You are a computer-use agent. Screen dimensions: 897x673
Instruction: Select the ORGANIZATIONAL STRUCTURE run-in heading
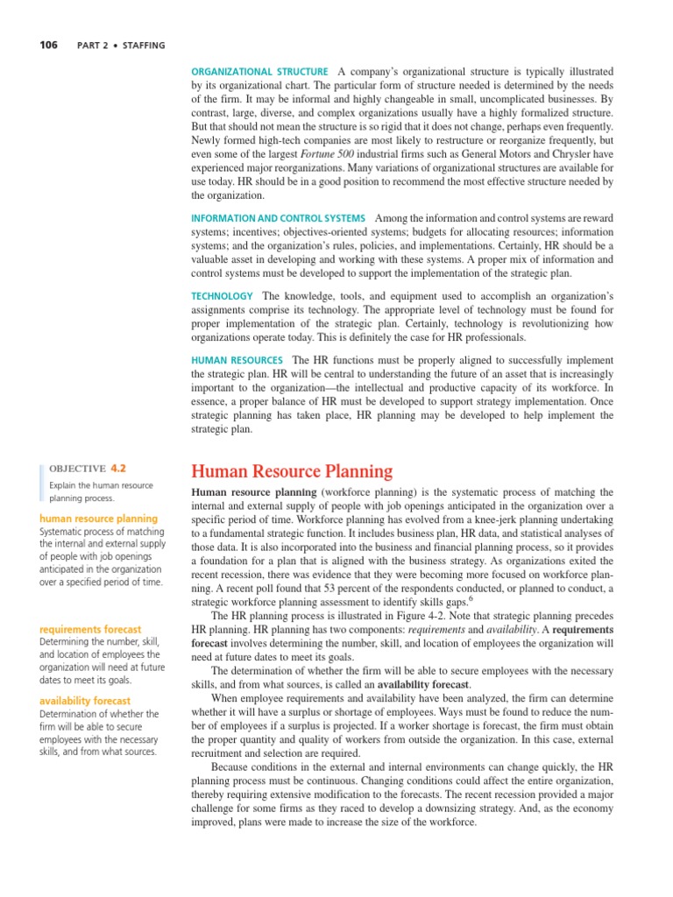[260, 71]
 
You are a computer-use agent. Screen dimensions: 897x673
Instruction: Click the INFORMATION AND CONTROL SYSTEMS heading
[278, 218]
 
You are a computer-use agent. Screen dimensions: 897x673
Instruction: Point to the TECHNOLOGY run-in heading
[222, 296]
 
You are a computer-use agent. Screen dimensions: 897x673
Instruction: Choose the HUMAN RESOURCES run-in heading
[237, 360]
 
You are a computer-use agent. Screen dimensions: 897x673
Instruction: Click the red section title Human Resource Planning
[292, 472]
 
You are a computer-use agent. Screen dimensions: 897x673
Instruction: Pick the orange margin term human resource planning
[99, 519]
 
